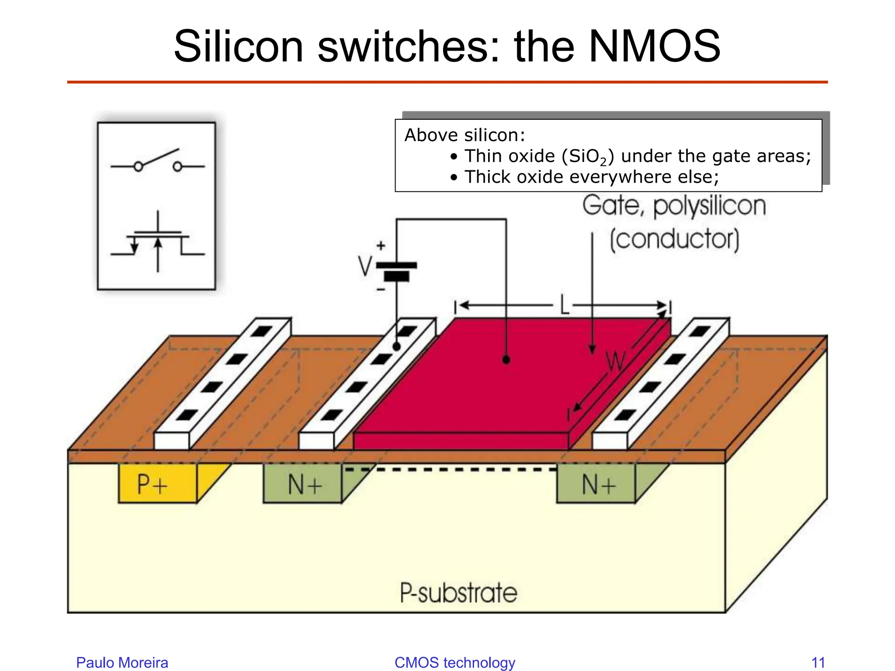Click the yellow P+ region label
pyautogui.click(x=152, y=484)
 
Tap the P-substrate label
pyautogui.click(x=458, y=593)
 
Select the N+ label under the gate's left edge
pyautogui.click(x=305, y=484)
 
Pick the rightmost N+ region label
pyautogui.click(x=599, y=484)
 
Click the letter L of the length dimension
pyautogui.click(x=564, y=305)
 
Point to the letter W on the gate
pyautogui.click(x=616, y=362)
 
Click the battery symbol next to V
pyautogui.click(x=396, y=271)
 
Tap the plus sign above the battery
pyautogui.click(x=381, y=246)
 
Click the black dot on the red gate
pyautogui.click(x=506, y=360)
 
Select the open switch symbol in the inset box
pyautogui.click(x=157, y=162)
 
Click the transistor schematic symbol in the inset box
pyautogui.click(x=157, y=242)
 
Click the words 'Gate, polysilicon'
pyautogui.click(x=674, y=206)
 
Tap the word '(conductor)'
pyautogui.click(x=674, y=239)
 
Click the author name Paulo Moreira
pyautogui.click(x=122, y=662)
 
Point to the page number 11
pyautogui.click(x=818, y=662)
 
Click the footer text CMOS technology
pyautogui.click(x=454, y=662)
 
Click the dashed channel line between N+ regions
pyautogui.click(x=450, y=470)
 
